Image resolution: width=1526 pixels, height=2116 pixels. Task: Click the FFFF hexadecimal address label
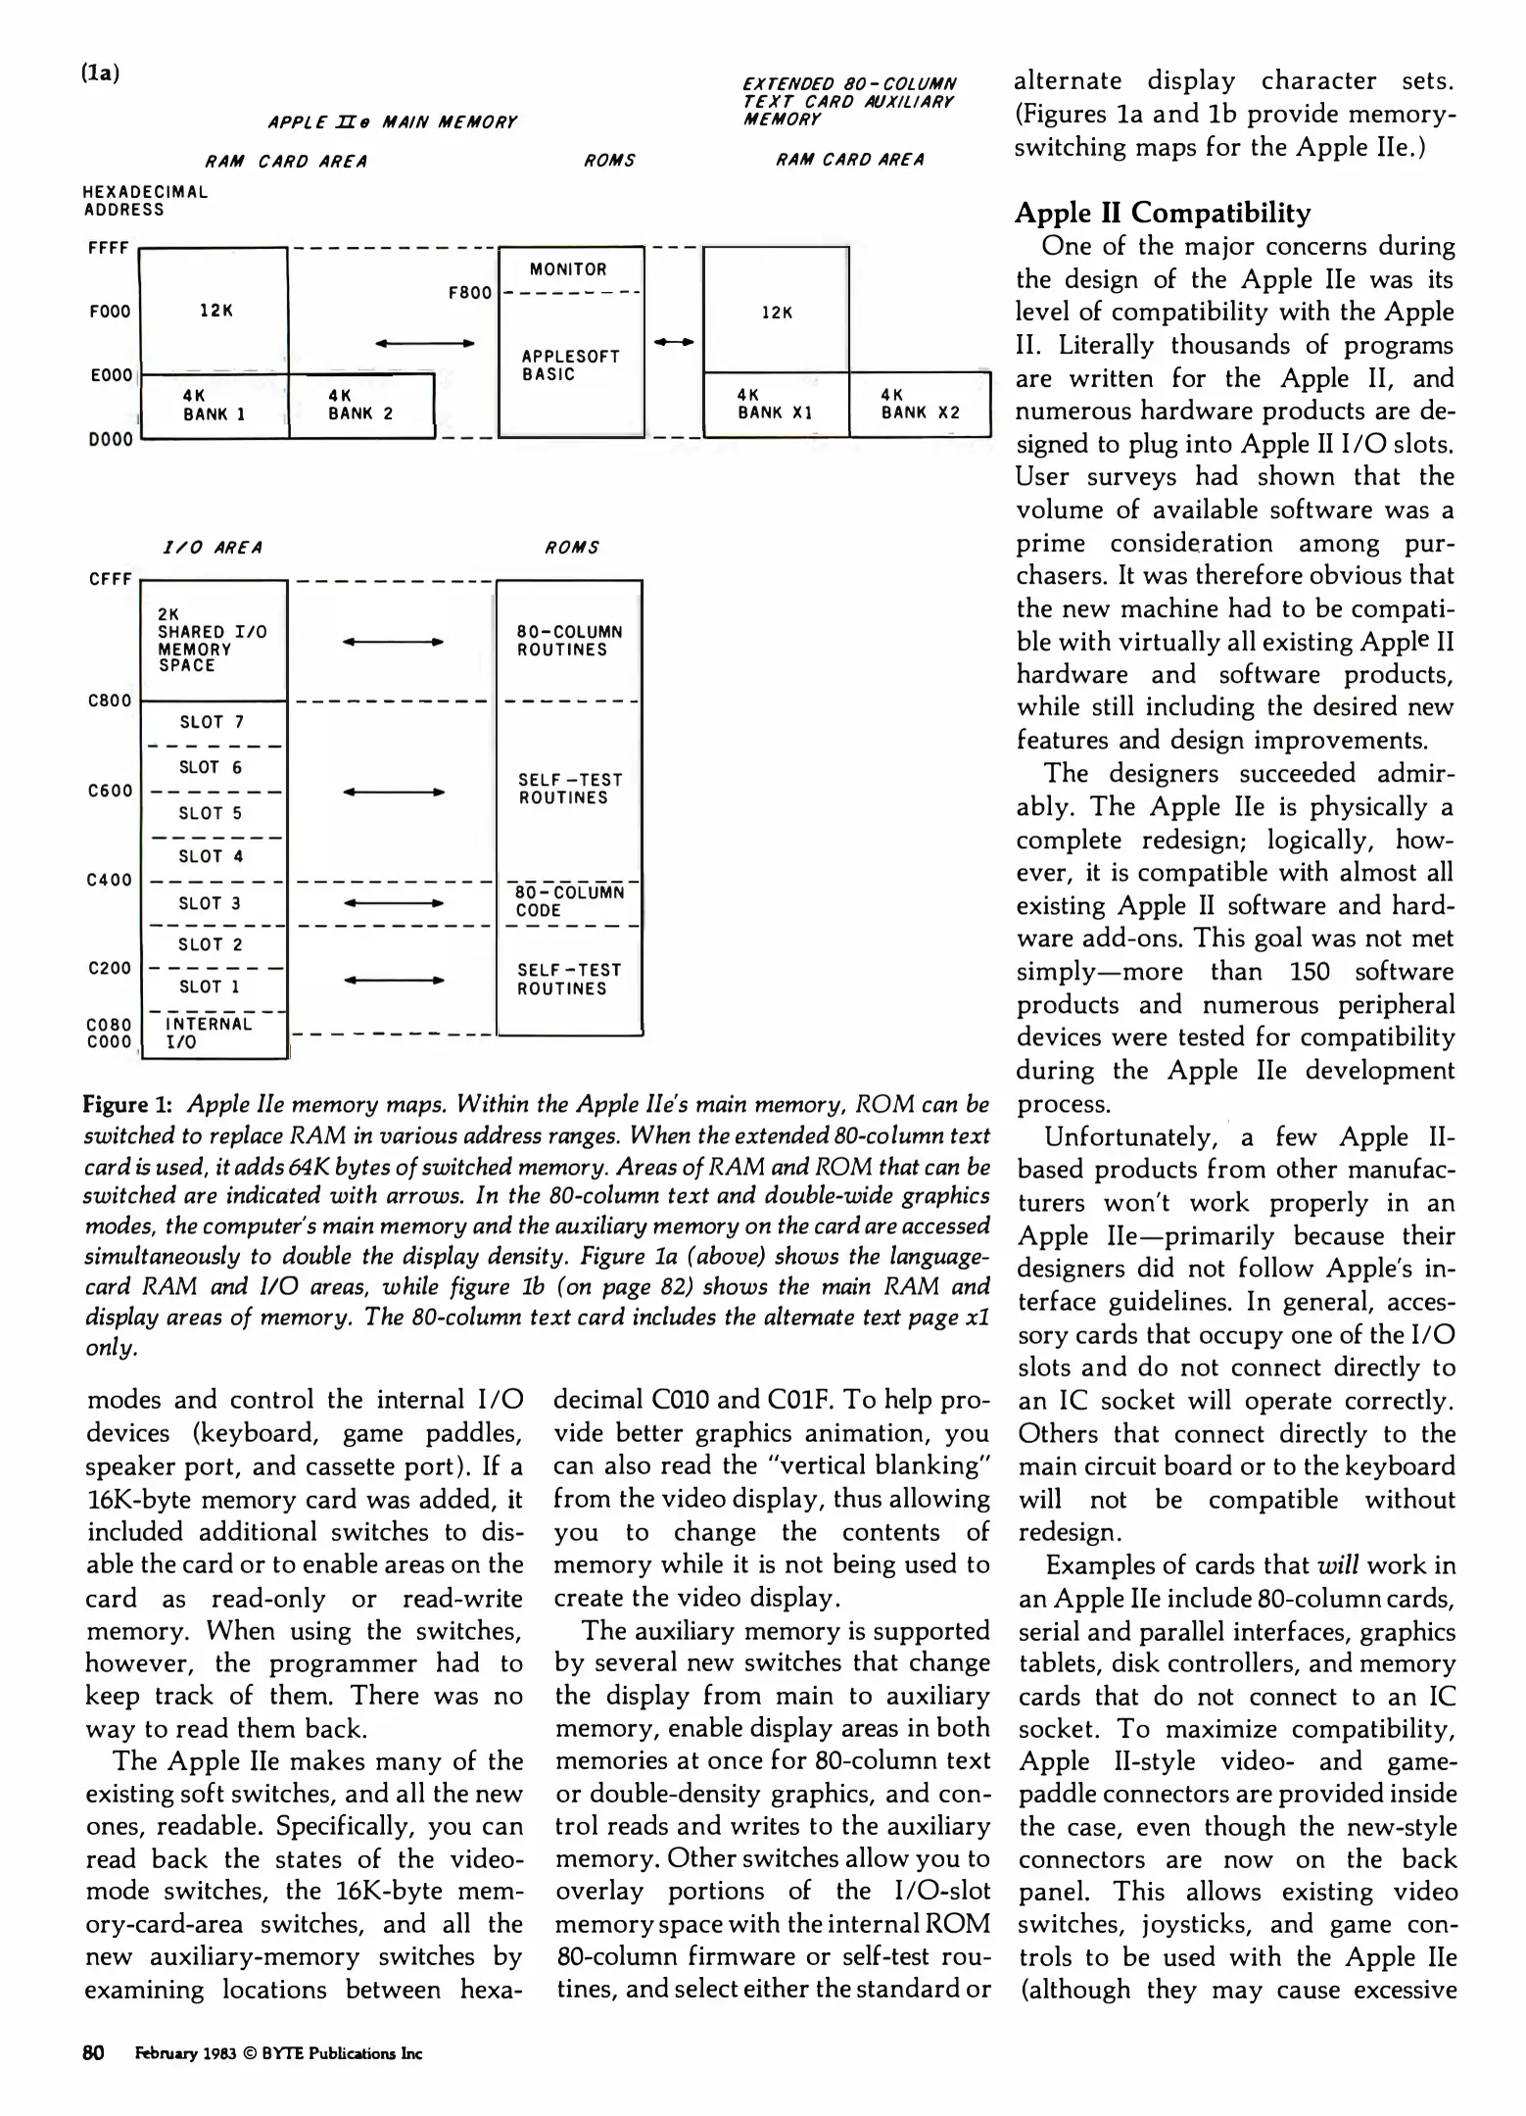[x=108, y=248]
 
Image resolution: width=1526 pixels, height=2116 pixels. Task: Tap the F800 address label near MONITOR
[x=469, y=292]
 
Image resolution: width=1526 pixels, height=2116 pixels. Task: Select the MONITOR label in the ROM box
[x=568, y=269]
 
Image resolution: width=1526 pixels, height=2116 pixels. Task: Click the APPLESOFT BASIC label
[x=570, y=364]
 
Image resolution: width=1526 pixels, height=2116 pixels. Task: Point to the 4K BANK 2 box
[x=360, y=405]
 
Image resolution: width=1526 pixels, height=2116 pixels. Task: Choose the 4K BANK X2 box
[x=920, y=404]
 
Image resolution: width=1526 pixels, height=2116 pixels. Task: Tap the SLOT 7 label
[x=212, y=722]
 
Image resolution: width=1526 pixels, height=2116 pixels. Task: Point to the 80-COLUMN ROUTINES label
[x=569, y=641]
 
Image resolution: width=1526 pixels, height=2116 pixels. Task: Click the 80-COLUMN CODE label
[x=569, y=901]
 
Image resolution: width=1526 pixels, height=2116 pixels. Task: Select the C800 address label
[x=109, y=700]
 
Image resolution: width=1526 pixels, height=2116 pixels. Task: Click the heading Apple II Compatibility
[x=1163, y=213]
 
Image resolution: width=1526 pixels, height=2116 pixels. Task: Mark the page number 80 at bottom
[x=94, y=2053]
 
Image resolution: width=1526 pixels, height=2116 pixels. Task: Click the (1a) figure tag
[x=100, y=73]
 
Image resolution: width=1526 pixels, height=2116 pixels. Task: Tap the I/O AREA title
[x=212, y=548]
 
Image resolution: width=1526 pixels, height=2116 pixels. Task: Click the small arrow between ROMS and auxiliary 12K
[x=674, y=342]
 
